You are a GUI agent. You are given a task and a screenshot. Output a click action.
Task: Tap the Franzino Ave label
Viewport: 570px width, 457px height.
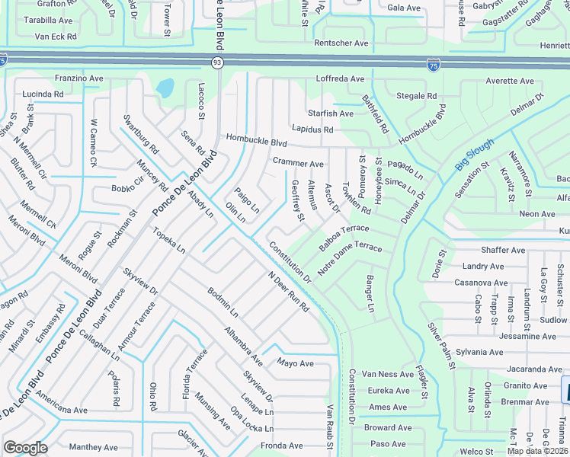click(x=79, y=78)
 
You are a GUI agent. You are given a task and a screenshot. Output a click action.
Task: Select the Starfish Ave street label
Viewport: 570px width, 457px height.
click(x=331, y=113)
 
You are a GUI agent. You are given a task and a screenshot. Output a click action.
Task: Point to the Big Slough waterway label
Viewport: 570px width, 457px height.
click(x=475, y=155)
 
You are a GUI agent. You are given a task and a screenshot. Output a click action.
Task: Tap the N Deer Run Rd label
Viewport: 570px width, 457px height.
click(x=288, y=292)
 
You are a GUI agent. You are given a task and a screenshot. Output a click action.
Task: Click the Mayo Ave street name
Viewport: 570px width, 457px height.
click(x=296, y=363)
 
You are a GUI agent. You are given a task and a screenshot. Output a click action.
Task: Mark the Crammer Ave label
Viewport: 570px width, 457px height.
click(x=298, y=163)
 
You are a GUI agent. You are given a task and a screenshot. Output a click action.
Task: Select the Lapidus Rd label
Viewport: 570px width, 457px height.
click(x=312, y=129)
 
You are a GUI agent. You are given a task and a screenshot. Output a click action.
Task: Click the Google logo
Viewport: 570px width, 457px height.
click(x=25, y=448)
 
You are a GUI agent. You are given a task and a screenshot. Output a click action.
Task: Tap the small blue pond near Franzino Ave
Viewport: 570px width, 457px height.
click(x=165, y=88)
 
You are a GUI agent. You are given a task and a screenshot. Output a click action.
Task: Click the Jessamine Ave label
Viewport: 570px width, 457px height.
click(x=483, y=335)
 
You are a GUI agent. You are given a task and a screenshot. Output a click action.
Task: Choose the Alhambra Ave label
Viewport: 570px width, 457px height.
click(x=243, y=347)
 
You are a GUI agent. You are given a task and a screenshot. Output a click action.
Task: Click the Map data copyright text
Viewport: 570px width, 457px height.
click(x=537, y=451)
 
